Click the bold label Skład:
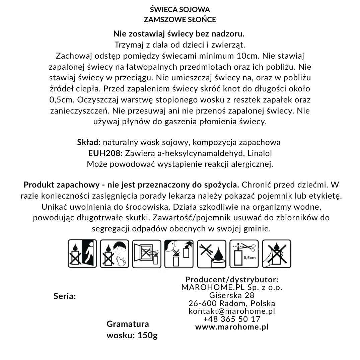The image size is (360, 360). tap(89, 142)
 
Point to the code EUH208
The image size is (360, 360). tap(104, 153)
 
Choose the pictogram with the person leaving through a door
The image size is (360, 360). tap(82, 254)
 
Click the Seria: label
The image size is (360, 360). tap(65, 296)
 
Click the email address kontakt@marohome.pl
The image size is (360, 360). tap(232, 311)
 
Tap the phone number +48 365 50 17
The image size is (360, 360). tap(232, 319)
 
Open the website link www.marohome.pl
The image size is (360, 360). tap(232, 327)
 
